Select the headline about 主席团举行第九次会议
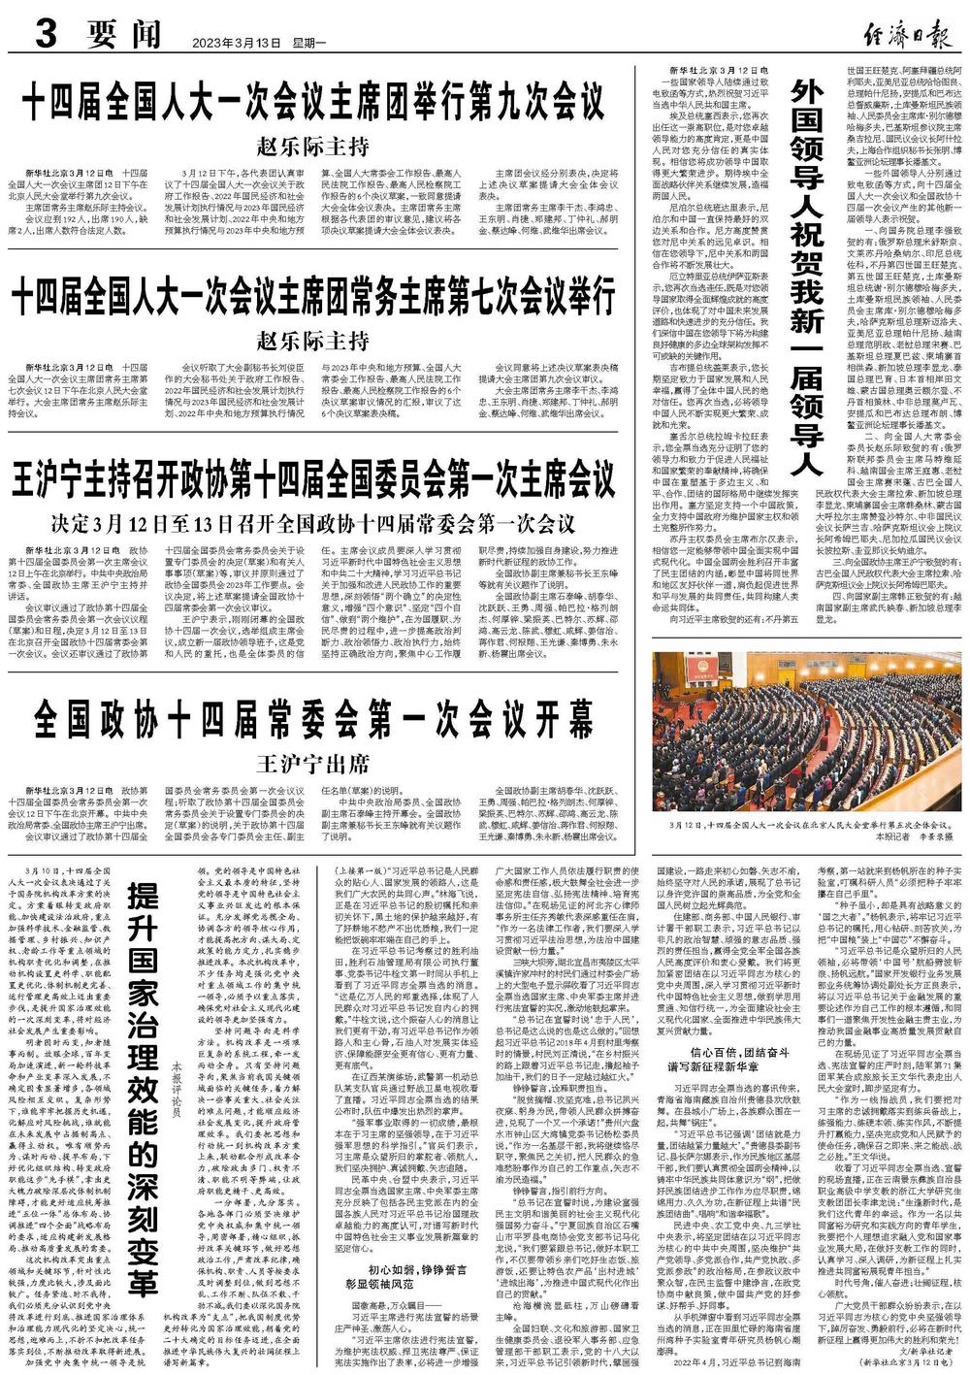click(312, 101)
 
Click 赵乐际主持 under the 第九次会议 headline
click(312, 147)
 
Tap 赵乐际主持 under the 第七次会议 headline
click(312, 341)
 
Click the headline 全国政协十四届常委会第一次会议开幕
click(312, 721)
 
